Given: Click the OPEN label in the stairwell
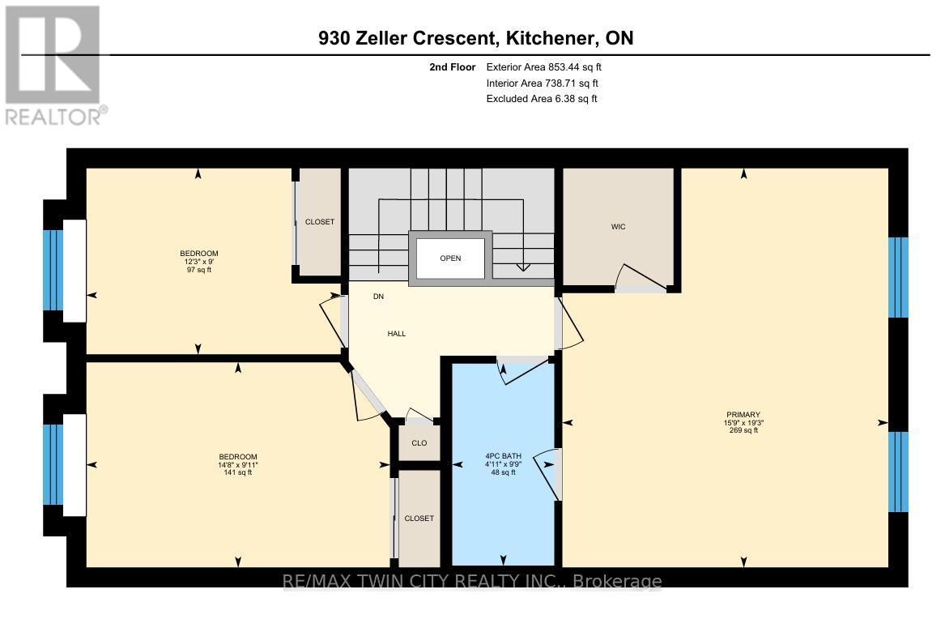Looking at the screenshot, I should [450, 258].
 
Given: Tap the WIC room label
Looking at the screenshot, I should [618, 226].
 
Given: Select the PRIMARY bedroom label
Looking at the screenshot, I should [743, 415].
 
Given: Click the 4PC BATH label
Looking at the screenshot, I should [502, 456].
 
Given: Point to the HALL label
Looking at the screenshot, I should [396, 334].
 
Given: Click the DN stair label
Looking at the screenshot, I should [378, 297].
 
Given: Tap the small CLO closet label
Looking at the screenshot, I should [419, 443].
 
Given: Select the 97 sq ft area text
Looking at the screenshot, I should [198, 270].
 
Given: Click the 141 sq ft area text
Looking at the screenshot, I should [238, 472].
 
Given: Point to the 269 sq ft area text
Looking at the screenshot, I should [743, 430].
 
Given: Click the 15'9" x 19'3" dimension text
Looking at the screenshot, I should [743, 423].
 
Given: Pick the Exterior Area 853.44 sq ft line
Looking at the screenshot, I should [543, 67].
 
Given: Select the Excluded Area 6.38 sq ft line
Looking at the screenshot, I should [541, 99].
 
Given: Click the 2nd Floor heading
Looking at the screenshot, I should [453, 67].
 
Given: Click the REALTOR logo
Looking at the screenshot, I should [53, 65].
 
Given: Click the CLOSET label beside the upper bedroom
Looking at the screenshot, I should [319, 222].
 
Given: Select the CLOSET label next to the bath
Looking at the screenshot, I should [419, 519].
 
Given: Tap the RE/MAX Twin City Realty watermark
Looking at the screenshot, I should [471, 581].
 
